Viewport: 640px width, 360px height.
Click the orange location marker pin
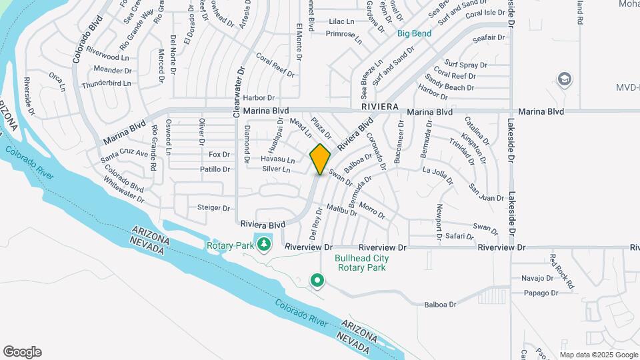tap(321, 159)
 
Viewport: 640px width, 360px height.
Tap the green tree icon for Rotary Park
tap(264, 244)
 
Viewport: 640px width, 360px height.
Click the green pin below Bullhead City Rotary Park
tap(317, 281)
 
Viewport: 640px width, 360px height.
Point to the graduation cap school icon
tap(565, 79)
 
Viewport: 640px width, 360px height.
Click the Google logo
tap(22, 352)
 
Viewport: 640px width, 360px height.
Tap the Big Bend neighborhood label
tap(414, 33)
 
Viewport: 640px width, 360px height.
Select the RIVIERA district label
tap(380, 107)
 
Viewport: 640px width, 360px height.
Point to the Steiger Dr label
tap(213, 208)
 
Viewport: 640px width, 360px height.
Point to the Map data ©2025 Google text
tap(598, 355)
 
